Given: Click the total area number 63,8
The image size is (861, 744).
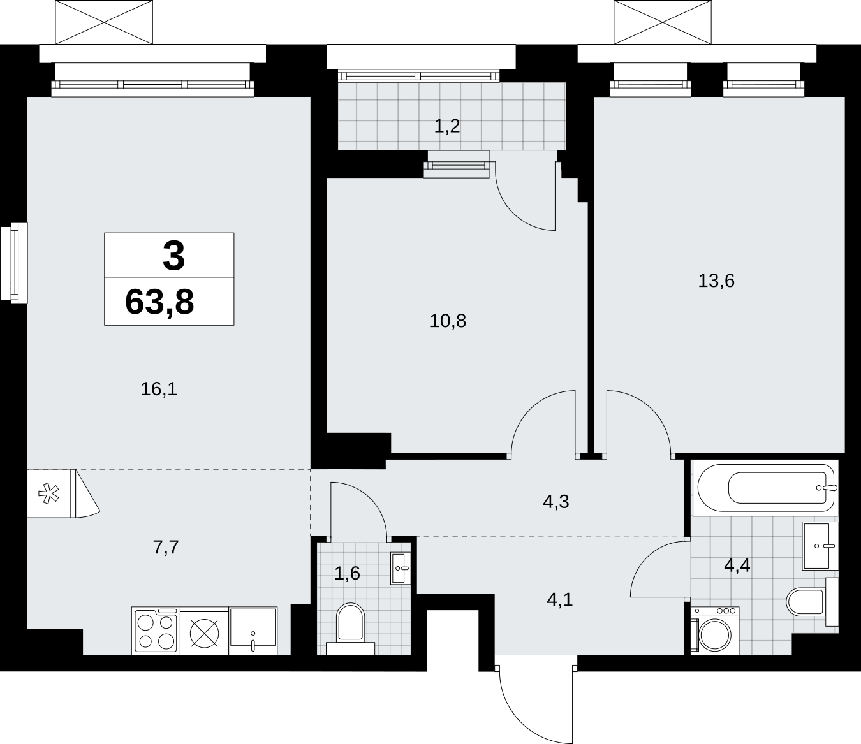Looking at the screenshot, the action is [159, 302].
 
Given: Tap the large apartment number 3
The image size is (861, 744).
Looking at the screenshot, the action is [173, 256].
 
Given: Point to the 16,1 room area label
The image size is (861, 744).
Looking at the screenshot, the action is [159, 390].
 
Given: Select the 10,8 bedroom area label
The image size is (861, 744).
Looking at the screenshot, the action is [448, 321].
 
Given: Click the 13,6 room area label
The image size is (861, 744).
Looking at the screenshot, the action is [716, 281].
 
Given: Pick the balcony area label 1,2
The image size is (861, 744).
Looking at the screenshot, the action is [447, 126].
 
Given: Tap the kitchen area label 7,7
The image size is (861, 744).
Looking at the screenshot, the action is [166, 547].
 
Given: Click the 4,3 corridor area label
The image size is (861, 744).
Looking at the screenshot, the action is [556, 502].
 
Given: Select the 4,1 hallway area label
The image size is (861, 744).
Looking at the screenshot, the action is [560, 600].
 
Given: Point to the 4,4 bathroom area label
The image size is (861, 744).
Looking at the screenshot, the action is [737, 565].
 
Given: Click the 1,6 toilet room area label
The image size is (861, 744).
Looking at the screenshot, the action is [347, 573].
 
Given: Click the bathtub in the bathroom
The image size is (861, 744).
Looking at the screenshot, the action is [765, 488].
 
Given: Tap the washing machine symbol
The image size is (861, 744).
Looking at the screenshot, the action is [715, 631].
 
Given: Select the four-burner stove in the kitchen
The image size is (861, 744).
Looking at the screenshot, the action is [156, 631].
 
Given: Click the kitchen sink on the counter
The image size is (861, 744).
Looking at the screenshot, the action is [253, 631].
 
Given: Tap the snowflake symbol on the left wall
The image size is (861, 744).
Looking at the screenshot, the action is [48, 493].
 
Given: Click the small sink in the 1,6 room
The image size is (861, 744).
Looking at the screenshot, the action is [401, 568].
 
